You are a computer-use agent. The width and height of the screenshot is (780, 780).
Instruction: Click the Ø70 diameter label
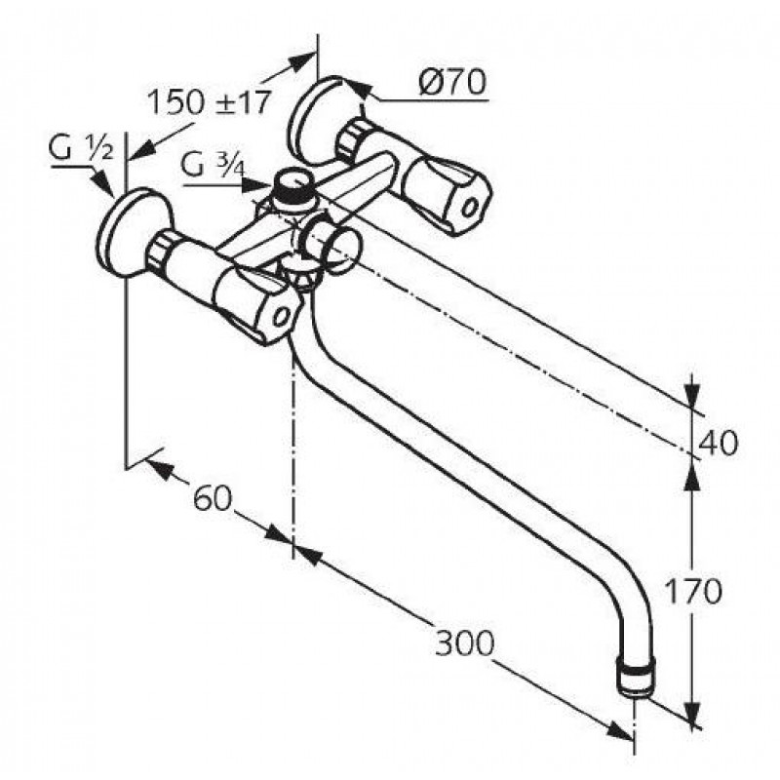[451, 82]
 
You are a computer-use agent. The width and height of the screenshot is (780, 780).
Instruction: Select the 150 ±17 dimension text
[210, 102]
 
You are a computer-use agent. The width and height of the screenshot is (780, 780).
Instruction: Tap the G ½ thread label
[81, 147]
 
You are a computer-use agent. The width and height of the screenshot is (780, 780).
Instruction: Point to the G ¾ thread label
[213, 166]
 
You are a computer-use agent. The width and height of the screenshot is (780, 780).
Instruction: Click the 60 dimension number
[213, 497]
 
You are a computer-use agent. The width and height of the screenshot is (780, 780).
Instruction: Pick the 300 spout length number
[465, 643]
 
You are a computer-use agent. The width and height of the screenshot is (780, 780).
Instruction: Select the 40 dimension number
[719, 443]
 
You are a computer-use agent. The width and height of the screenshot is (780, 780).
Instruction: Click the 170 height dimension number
[692, 591]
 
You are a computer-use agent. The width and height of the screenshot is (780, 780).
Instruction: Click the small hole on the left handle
[283, 316]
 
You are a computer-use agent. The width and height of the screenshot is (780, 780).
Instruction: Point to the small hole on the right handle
[469, 207]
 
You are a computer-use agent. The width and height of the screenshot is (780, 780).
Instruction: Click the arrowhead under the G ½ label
[103, 184]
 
